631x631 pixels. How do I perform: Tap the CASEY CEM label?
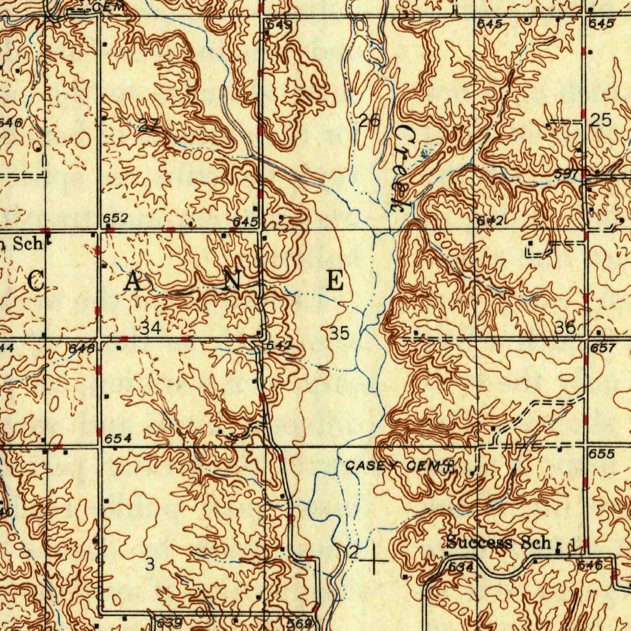point(393,466)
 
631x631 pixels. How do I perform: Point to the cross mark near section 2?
point(375,560)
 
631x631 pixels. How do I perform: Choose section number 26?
point(369,121)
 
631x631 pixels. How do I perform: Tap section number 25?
point(600,121)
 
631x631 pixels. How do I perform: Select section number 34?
point(150,328)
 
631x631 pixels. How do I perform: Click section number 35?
point(339,333)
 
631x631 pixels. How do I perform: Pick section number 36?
point(565,328)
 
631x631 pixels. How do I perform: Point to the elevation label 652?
point(115,218)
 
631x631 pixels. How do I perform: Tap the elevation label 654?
point(118,438)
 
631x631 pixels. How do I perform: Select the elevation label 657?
point(603,348)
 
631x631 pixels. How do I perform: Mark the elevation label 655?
point(601,454)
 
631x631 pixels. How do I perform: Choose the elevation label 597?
point(565,174)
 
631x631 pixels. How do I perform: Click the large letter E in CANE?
point(335,281)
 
